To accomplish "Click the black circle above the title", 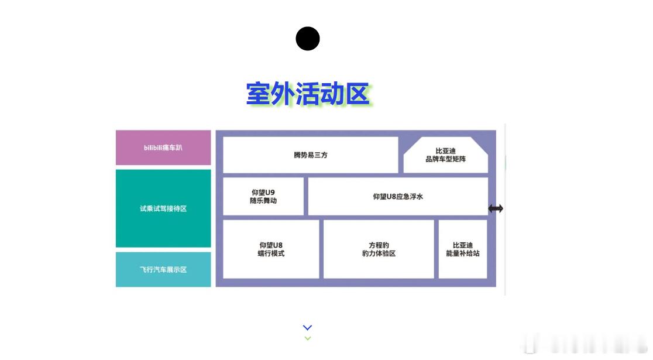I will tap(308, 39).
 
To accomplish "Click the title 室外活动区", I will tap(308, 94).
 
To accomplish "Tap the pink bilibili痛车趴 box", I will tap(163, 148).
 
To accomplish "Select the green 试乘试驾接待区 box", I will tap(163, 208).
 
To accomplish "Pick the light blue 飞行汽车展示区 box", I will tap(163, 269).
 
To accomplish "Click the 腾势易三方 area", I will tap(311, 155).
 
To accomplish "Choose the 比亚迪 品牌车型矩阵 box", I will tap(446, 155).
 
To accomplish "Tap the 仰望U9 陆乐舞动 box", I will tap(263, 197).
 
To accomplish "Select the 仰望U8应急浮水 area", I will tap(398, 197).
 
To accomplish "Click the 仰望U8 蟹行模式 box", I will tap(271, 249).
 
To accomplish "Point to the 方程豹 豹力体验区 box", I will tap(379, 249).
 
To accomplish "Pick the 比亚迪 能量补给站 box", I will tap(463, 249).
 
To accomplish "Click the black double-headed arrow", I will tap(496, 208).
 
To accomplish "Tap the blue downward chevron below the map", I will tap(308, 328).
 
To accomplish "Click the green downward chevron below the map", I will tap(308, 338).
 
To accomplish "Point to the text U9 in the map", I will tap(270, 193).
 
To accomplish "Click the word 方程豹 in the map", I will tap(379, 245).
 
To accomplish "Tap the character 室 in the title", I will tap(258, 94).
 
